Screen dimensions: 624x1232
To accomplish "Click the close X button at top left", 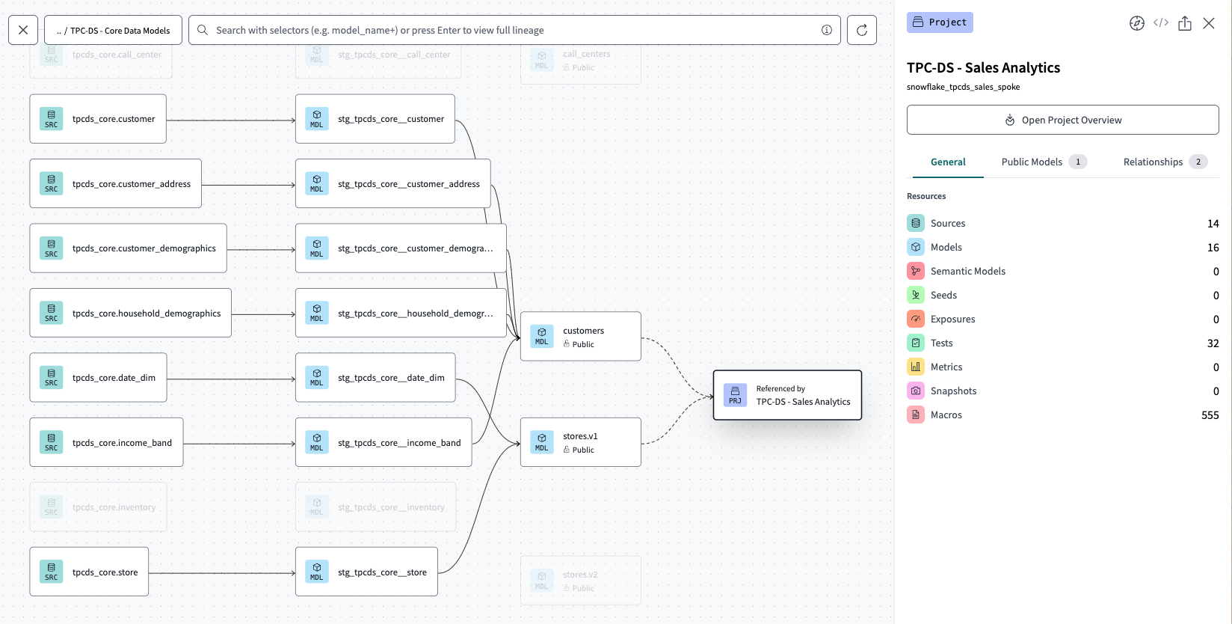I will [x=23, y=30].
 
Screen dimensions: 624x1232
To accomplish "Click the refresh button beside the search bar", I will [x=861, y=30].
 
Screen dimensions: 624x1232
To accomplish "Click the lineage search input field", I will [x=508, y=30].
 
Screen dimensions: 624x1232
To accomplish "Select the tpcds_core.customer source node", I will [x=98, y=119].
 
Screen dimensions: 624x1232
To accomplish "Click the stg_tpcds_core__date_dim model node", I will [x=375, y=378].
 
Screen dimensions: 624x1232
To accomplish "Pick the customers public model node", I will [x=580, y=337].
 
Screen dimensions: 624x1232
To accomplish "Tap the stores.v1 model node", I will [x=580, y=442].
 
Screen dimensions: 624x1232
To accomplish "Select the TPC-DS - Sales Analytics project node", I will [x=787, y=395].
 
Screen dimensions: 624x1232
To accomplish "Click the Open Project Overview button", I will [x=1062, y=120].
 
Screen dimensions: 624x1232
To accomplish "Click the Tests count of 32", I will [x=1213, y=343].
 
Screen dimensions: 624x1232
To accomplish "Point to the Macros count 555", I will [x=1210, y=415].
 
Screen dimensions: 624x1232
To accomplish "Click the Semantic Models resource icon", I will [x=916, y=271].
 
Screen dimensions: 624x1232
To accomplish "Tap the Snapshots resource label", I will [x=953, y=391].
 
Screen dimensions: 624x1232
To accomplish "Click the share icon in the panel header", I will [x=1185, y=23].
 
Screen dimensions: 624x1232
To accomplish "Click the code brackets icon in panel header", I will [x=1161, y=22].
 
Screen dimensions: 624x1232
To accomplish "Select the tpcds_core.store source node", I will [x=89, y=572].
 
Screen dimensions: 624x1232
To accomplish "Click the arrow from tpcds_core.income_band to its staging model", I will [x=239, y=444].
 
